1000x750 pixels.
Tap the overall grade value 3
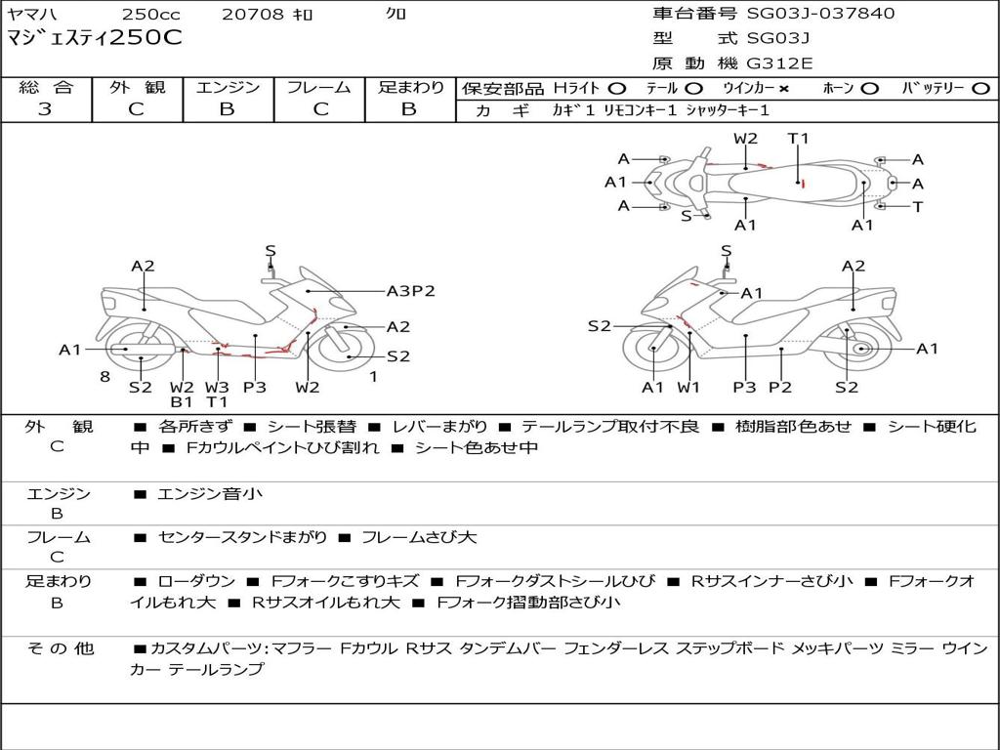[x=45, y=109]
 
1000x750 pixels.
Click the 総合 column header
[x=45, y=88]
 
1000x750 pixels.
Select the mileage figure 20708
[x=252, y=15]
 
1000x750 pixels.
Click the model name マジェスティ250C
[x=94, y=39]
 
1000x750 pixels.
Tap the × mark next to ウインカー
[x=783, y=88]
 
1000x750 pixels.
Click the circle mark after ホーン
[x=870, y=88]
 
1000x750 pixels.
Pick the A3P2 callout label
[x=410, y=290]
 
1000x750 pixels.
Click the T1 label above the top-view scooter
[x=799, y=139]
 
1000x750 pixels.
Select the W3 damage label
[x=217, y=387]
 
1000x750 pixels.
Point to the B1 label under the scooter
[x=182, y=401]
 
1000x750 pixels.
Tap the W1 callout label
[x=689, y=387]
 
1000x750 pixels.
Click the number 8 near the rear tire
[x=104, y=376]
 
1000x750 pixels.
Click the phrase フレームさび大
[x=419, y=537]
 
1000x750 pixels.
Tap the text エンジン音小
[x=209, y=494]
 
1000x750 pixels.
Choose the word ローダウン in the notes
[x=192, y=581]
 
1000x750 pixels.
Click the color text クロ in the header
[x=396, y=15]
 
